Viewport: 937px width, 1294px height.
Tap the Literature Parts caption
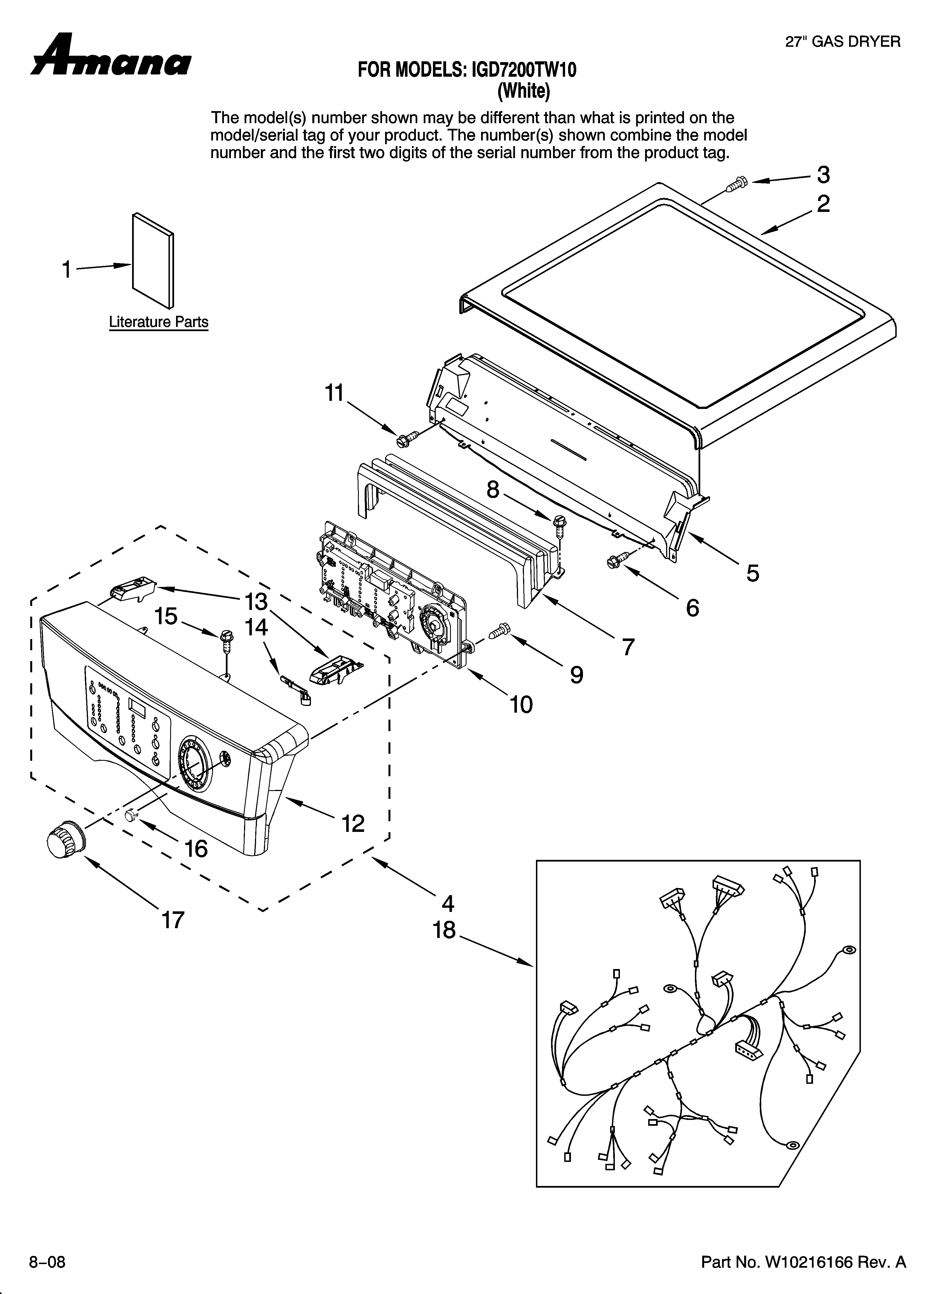[x=159, y=322]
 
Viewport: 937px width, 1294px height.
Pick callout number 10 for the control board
[x=521, y=705]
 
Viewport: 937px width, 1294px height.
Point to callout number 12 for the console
[x=353, y=823]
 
